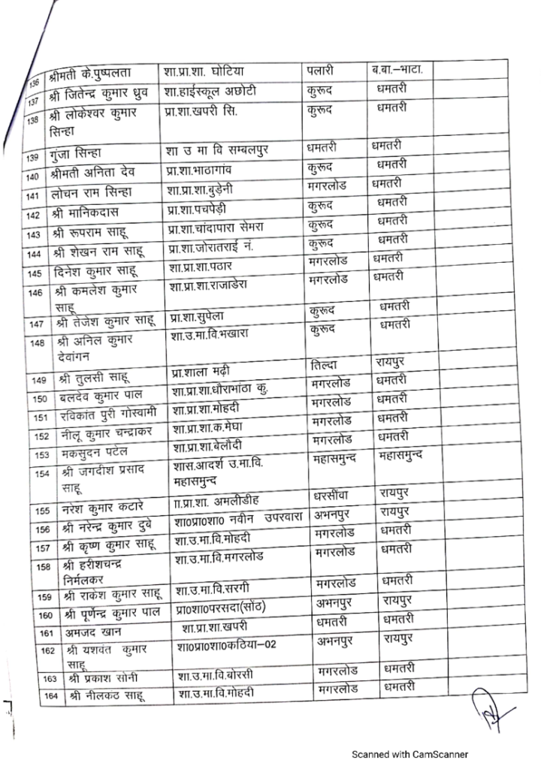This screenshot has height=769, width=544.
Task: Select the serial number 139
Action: (x=32, y=158)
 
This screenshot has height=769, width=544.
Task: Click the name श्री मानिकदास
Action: (x=86, y=214)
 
